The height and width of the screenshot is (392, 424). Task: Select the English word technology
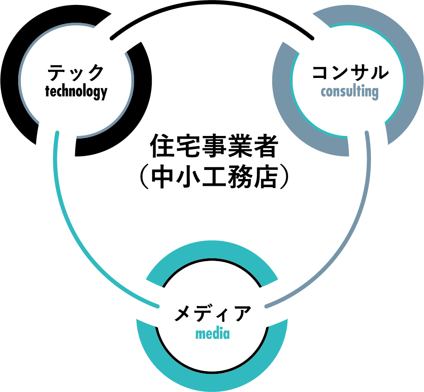(x=76, y=91)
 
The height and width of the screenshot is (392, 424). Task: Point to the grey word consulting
(x=349, y=92)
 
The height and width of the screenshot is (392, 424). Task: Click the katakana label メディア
(x=212, y=314)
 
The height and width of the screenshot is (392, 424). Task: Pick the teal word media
(x=212, y=334)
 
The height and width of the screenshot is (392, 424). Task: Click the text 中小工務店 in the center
(x=212, y=178)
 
